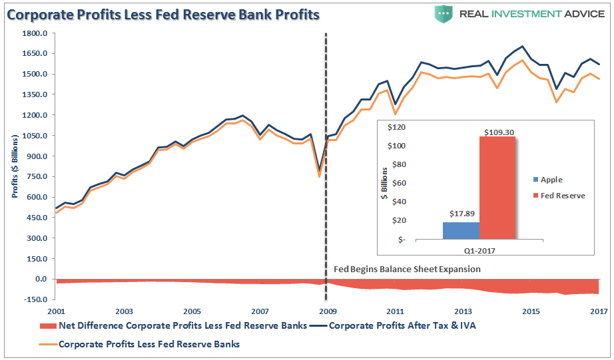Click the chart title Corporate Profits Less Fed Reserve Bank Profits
pos(164,14)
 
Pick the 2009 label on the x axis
pos(326,311)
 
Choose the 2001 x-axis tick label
pos(55,311)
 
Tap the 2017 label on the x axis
pos(597,311)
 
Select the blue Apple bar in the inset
pos(461,230)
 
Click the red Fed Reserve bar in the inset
pos(497,188)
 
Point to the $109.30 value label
pos(497,132)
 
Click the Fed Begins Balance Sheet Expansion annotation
pos(407,270)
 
